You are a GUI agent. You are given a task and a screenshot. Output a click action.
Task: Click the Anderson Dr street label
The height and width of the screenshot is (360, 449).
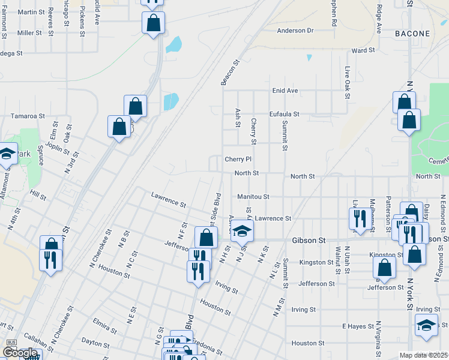[295, 31]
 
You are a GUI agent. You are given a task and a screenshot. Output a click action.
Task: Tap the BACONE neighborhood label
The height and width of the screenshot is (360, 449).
[412, 34]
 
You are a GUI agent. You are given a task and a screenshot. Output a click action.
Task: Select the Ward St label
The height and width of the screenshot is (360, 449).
[363, 51]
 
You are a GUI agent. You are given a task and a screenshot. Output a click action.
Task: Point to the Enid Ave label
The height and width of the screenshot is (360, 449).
[285, 91]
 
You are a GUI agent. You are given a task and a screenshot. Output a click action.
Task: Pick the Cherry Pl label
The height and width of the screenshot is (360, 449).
[238, 160]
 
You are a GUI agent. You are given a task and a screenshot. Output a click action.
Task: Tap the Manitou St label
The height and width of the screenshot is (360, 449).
[253, 196]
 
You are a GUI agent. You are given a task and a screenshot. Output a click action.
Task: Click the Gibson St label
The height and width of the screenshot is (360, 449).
[309, 240]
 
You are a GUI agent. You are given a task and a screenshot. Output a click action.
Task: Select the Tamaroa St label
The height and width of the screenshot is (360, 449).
[28, 116]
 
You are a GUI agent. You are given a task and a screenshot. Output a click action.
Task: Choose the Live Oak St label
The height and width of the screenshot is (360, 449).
[347, 83]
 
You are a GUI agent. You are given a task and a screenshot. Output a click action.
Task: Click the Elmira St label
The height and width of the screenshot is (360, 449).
[105, 325]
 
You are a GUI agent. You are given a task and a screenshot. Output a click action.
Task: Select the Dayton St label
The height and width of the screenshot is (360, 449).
[95, 342]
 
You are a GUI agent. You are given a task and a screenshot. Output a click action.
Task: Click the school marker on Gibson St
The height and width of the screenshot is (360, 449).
[243, 230]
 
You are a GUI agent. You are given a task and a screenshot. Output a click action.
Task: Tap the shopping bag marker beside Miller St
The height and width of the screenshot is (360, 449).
[154, 24]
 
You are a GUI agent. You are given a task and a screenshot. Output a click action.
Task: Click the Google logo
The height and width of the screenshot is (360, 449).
[20, 353]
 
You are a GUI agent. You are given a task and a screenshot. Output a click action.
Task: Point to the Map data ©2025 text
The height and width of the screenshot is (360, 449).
[424, 355]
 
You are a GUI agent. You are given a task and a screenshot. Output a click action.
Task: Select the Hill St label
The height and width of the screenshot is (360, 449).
[38, 196]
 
